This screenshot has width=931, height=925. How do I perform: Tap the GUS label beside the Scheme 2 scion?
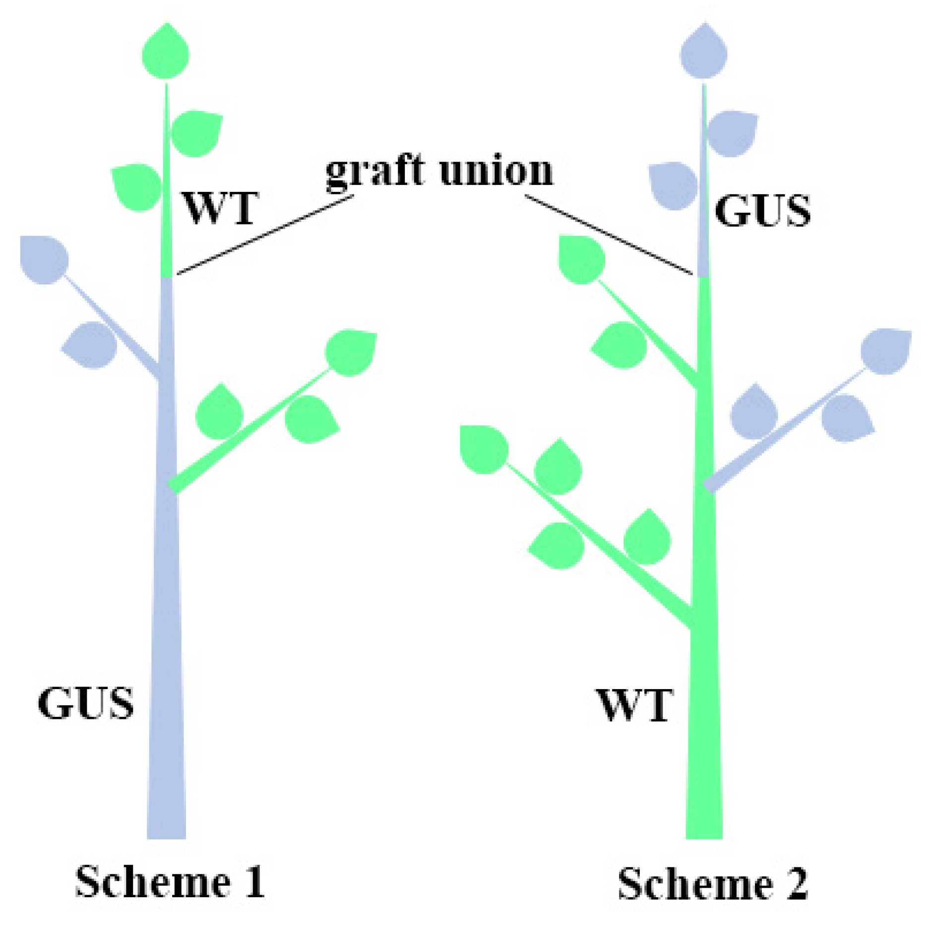[762, 211]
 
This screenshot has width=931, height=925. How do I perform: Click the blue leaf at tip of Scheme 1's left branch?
[44, 260]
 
